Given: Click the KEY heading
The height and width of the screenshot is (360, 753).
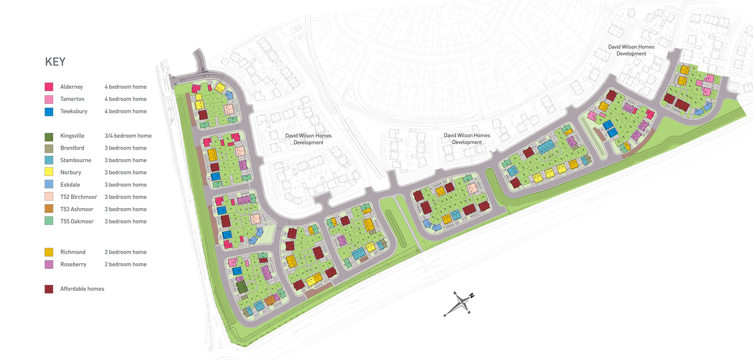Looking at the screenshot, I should (x=55, y=62).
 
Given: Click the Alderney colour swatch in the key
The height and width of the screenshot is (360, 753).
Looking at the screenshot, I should (x=49, y=87).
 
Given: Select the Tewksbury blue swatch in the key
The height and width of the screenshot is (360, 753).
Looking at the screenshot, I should (x=49, y=111).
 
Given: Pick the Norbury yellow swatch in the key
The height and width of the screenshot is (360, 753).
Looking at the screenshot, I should (x=49, y=172).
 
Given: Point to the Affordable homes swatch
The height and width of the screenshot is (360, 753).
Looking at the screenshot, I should (x=49, y=289).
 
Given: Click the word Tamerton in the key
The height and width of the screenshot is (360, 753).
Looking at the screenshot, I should (x=72, y=99).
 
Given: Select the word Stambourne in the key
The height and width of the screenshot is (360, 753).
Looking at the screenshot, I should (x=76, y=160).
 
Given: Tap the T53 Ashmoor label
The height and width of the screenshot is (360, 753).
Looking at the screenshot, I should (x=77, y=209).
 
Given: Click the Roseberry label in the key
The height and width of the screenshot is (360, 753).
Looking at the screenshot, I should (x=73, y=264).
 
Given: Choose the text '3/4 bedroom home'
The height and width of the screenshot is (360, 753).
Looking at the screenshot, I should (x=128, y=136).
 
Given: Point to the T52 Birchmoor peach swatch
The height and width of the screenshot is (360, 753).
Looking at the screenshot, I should (x=49, y=197).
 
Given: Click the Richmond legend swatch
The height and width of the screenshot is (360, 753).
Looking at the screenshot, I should (x=49, y=252).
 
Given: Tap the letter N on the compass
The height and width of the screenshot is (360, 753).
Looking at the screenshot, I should (x=472, y=296).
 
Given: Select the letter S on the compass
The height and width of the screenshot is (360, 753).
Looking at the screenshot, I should (x=445, y=315).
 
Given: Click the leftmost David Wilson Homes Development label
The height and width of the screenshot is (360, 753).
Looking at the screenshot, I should (x=308, y=139).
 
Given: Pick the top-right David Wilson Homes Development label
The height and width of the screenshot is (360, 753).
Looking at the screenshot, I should (x=631, y=50).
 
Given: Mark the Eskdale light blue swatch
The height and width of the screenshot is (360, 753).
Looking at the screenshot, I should (x=49, y=185).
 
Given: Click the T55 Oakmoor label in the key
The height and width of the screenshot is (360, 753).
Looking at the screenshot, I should (x=77, y=222).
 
